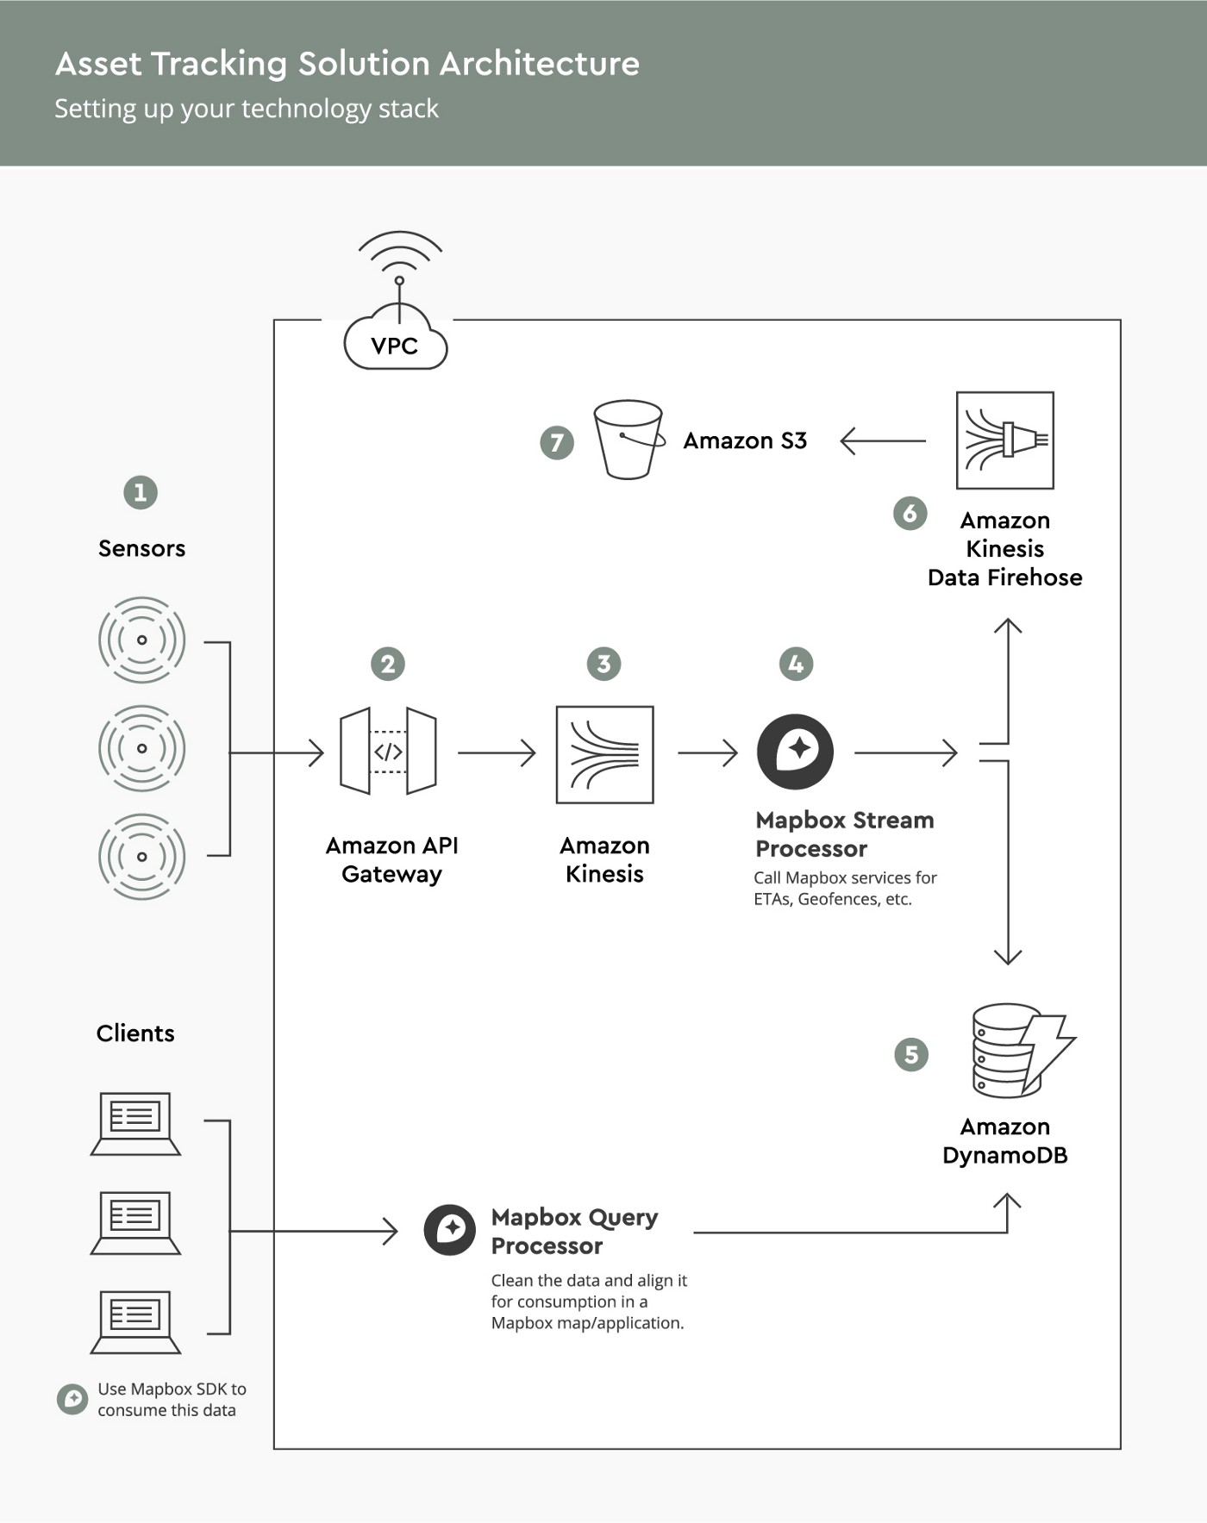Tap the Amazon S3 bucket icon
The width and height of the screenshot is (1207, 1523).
[629, 440]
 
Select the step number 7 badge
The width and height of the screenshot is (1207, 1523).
[557, 443]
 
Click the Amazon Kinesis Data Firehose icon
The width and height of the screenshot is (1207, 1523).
[1005, 440]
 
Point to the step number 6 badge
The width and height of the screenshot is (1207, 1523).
[910, 513]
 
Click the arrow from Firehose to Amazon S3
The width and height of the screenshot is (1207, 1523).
[883, 440]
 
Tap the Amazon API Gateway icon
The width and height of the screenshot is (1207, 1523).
[388, 752]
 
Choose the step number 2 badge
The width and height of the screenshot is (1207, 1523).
[388, 664]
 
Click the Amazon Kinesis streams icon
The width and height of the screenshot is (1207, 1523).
[605, 755]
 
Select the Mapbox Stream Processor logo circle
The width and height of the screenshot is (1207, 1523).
[795, 752]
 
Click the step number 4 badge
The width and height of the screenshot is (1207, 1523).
[796, 664]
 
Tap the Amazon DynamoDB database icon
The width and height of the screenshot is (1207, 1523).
[1023, 1051]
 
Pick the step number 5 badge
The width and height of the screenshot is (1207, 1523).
[911, 1054]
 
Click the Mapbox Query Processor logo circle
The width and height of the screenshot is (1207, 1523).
[450, 1230]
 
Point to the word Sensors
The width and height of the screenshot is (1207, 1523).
[141, 548]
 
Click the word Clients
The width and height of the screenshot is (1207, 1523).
[135, 1033]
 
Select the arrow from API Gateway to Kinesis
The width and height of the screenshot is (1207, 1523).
[497, 752]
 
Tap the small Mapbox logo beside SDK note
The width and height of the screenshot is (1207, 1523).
[72, 1399]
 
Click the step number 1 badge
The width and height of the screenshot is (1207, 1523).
[141, 493]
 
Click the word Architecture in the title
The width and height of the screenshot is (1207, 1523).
[540, 64]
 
